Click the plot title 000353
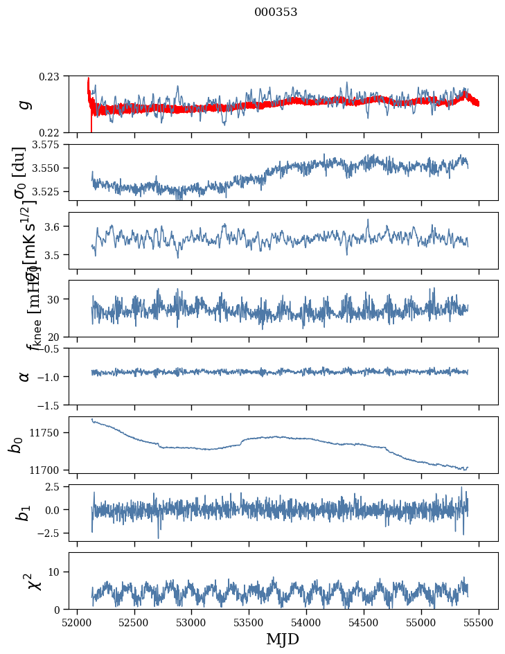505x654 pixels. [276, 12]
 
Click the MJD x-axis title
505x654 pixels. [282, 639]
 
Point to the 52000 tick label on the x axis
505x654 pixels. [77, 622]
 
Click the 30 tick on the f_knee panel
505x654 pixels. [57, 299]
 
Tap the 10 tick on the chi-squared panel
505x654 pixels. [57, 572]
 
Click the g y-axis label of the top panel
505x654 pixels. [25, 104]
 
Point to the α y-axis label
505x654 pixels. [25, 375]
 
